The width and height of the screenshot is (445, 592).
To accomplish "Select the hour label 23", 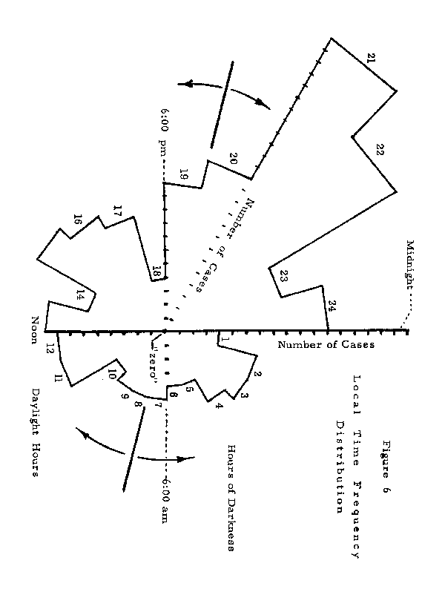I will pyautogui.click(x=285, y=275).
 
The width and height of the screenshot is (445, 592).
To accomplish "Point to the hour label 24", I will pyautogui.click(x=333, y=305).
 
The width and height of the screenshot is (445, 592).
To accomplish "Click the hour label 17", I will pyautogui.click(x=116, y=211).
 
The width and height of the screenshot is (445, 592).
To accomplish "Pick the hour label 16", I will pyautogui.click(x=77, y=220).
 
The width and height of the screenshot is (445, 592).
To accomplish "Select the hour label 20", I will pyautogui.click(x=233, y=157).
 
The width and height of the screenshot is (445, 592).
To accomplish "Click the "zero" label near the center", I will pyautogui.click(x=157, y=361).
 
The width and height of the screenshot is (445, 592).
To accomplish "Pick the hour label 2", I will pyautogui.click(x=258, y=375).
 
